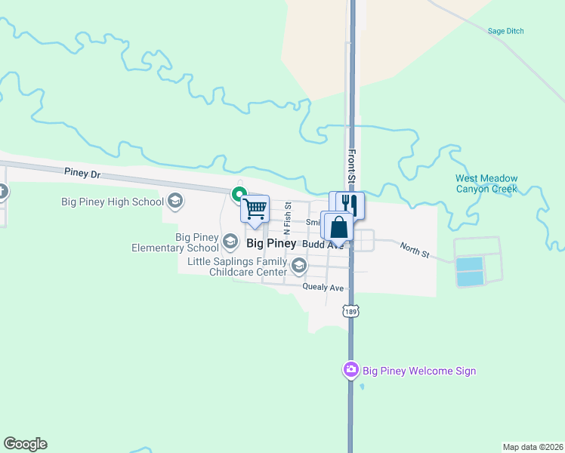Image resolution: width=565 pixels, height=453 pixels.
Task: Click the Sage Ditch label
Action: click(506, 31)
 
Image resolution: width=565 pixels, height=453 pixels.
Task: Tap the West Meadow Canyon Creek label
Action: click(486, 183)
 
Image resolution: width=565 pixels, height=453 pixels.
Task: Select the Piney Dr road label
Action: click(82, 174)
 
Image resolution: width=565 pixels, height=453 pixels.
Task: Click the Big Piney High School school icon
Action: click(175, 201)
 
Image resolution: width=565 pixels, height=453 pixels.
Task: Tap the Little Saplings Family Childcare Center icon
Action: click(299, 266)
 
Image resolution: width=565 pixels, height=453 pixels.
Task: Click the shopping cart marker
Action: click(255, 208)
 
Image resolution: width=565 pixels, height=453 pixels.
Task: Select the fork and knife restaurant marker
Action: click(347, 205)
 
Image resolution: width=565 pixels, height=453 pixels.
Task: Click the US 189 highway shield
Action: click(350, 311)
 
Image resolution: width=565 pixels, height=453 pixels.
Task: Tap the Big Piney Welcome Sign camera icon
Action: click(350, 370)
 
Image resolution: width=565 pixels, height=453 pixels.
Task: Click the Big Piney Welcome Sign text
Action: click(419, 371)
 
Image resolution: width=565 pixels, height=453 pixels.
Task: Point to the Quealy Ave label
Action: click(323, 288)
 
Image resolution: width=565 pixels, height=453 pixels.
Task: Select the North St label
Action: click(414, 250)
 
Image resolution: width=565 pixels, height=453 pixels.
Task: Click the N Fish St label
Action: click(287, 217)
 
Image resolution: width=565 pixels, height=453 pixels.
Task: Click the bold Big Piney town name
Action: click(271, 244)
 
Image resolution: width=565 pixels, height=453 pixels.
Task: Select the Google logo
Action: click(25, 444)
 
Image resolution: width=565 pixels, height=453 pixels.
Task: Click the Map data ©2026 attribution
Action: click(532, 447)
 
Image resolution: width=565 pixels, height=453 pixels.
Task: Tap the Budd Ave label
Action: click(323, 245)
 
